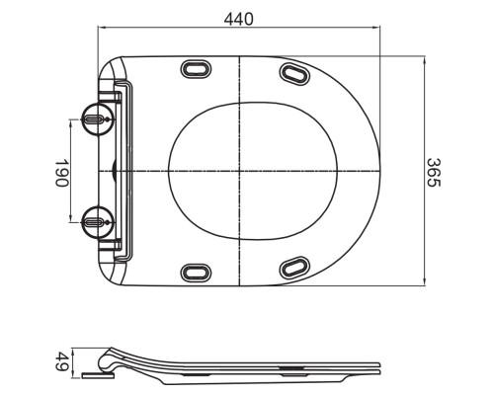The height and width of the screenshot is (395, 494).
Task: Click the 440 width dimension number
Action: pos(238,19)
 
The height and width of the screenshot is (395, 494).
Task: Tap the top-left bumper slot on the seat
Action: pos(194,69)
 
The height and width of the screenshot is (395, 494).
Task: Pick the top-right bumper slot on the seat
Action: pos(294,72)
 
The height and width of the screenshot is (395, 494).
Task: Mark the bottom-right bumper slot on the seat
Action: pos(294,268)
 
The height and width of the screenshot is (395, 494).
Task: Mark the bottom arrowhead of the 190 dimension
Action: pos(76,218)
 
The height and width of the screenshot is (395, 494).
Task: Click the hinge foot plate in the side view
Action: pos(96,374)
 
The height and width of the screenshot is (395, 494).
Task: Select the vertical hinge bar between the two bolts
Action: pos(121,170)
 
